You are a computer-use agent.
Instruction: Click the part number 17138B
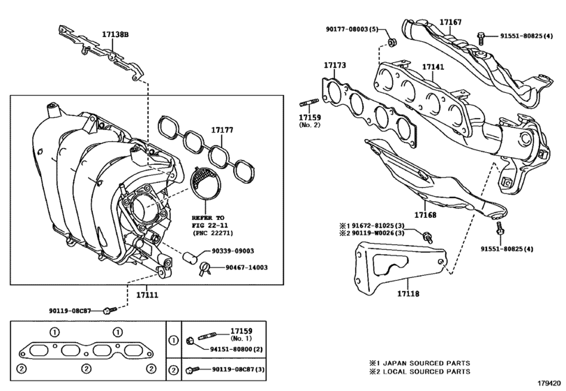pyautogui.click(x=115, y=34)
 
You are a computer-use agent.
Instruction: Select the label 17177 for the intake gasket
pyautogui.click(x=223, y=130)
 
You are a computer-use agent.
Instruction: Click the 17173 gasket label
pyautogui.click(x=334, y=66)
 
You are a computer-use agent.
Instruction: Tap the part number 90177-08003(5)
pyautogui.click(x=352, y=29)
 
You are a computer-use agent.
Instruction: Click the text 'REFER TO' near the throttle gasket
pyautogui.click(x=210, y=218)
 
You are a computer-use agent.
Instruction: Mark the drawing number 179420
pyautogui.click(x=549, y=383)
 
